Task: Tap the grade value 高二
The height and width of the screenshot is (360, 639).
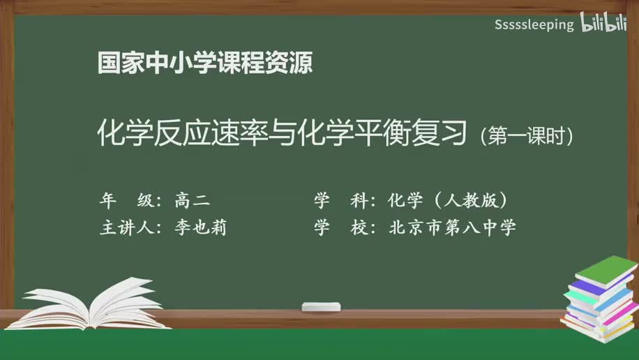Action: point(192,201)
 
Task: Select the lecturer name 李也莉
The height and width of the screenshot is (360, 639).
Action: point(201,227)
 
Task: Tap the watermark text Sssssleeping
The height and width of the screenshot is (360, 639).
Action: point(534,25)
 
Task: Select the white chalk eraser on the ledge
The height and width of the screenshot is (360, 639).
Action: point(321,306)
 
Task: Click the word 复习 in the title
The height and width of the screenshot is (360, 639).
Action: point(438,133)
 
